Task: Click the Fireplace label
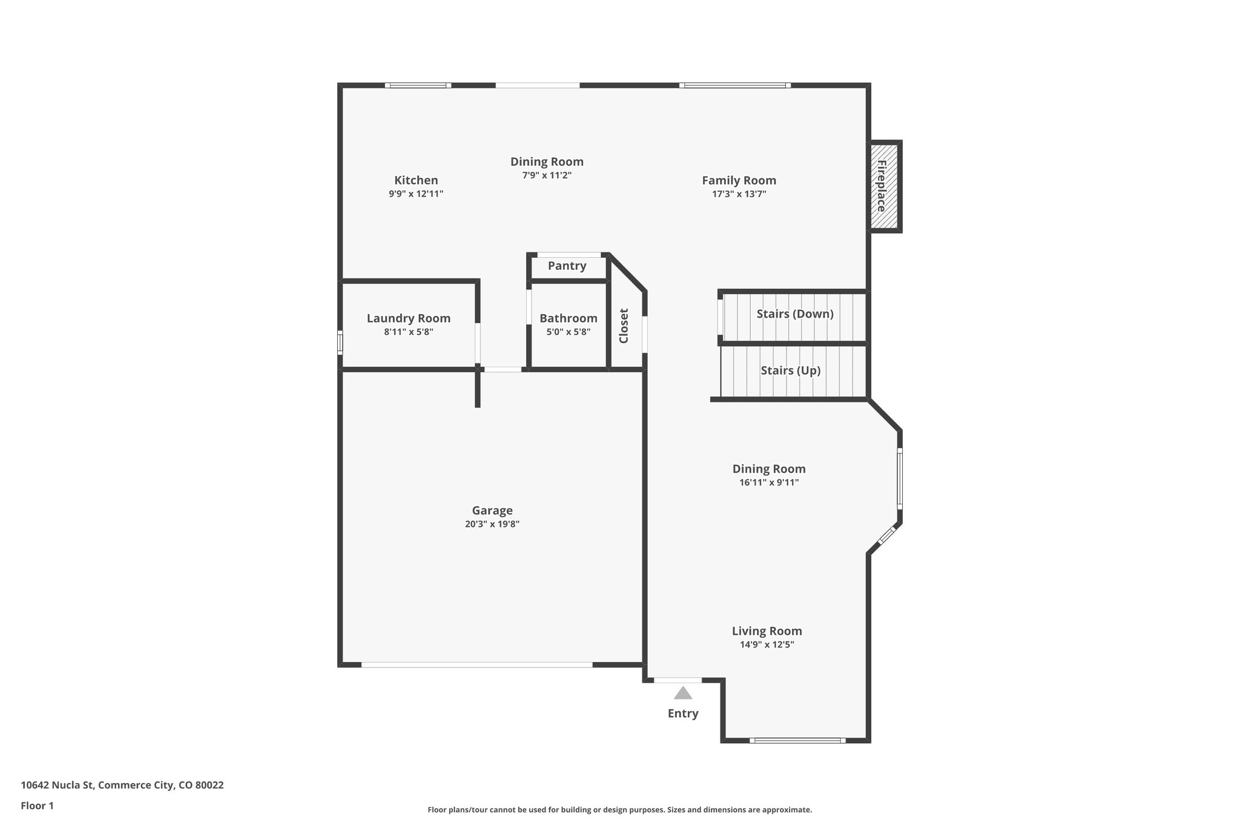point(882,186)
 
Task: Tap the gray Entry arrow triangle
point(683,693)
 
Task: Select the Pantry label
point(567,266)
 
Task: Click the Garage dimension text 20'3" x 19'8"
point(492,524)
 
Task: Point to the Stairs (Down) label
point(795,313)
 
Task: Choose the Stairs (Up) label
point(791,370)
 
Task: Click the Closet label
point(624,326)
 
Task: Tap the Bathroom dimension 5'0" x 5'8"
point(569,332)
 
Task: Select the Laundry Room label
point(409,318)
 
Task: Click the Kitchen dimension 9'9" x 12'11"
point(416,194)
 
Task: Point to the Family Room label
point(739,180)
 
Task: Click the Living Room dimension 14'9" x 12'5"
point(767,644)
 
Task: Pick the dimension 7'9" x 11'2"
point(547,175)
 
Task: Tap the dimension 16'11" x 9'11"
point(769,482)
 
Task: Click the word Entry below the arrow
point(683,713)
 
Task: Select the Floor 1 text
point(38,805)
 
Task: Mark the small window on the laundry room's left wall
point(340,343)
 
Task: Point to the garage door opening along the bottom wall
point(477,664)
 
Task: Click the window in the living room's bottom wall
point(797,740)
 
